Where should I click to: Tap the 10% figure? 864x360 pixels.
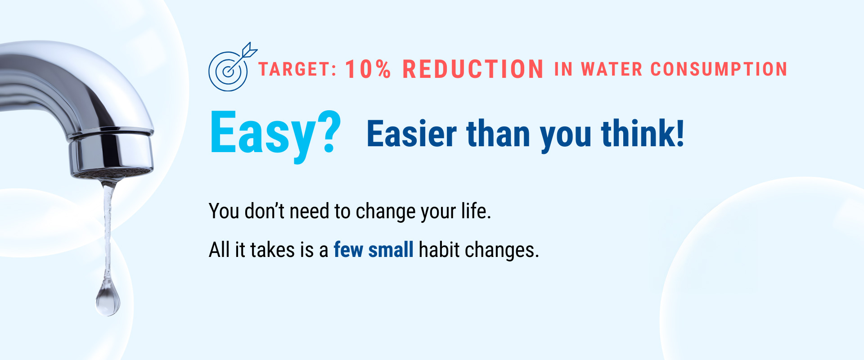point(368,69)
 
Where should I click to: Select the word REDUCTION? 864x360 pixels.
point(472,69)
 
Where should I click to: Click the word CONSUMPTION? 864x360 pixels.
point(719,69)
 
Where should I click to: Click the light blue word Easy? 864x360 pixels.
point(275,134)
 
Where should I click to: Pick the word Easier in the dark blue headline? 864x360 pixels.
point(412,134)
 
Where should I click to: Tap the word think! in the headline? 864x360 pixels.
point(643,133)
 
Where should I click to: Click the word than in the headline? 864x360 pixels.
point(498,134)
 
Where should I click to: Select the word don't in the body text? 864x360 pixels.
point(264,211)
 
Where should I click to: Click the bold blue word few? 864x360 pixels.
point(348,250)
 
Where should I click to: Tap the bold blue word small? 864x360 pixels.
point(391,250)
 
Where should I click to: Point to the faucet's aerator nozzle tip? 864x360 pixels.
point(112,173)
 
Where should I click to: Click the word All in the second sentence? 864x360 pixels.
point(220,250)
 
